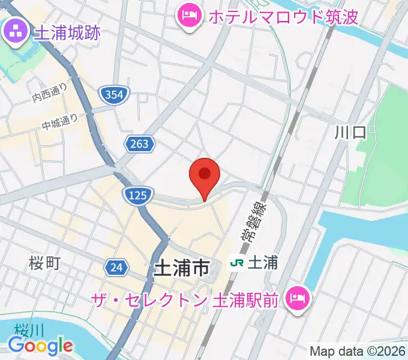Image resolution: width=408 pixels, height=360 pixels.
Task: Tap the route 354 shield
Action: click(113, 94)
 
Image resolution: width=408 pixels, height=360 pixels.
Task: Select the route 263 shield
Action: click(140, 144)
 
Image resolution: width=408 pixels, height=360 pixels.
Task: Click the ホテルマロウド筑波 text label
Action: click(283, 16)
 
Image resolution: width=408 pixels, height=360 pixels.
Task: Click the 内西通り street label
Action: click(50, 92)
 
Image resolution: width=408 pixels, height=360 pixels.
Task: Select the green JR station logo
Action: click(237, 262)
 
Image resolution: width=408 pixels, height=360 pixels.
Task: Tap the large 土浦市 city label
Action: click(182, 268)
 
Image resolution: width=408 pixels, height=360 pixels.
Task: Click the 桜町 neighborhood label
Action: click(44, 263)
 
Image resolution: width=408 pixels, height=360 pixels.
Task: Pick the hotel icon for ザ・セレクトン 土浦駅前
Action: click(298, 298)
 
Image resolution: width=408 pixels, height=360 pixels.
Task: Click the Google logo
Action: click(40, 346)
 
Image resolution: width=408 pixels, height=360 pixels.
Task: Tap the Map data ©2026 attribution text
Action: click(358, 351)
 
